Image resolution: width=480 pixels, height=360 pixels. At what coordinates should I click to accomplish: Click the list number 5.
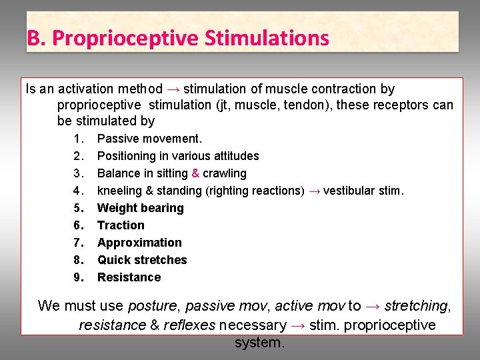pos(79,208)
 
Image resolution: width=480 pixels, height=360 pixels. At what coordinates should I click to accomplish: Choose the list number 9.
pos(79,277)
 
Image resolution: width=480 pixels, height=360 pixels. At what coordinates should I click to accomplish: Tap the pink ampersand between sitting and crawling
pos(195,173)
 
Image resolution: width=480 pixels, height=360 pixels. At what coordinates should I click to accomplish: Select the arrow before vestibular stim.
pos(315,191)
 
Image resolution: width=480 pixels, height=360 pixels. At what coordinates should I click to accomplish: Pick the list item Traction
pos(121,225)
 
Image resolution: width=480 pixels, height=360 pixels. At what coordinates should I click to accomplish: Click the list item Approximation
pos(139,243)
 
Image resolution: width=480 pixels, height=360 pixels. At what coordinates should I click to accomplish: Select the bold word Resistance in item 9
pos(129,277)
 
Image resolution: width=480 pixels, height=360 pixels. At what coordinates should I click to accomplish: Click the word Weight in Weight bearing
pos(115,208)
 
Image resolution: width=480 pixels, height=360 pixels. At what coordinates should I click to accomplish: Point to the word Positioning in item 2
pos(125,156)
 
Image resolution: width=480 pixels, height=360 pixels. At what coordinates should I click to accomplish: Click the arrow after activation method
pos(173,89)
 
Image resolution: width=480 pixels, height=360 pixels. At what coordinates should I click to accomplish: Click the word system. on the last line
pos(259,343)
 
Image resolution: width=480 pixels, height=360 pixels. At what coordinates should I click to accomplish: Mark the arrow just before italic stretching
pos(375,306)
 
